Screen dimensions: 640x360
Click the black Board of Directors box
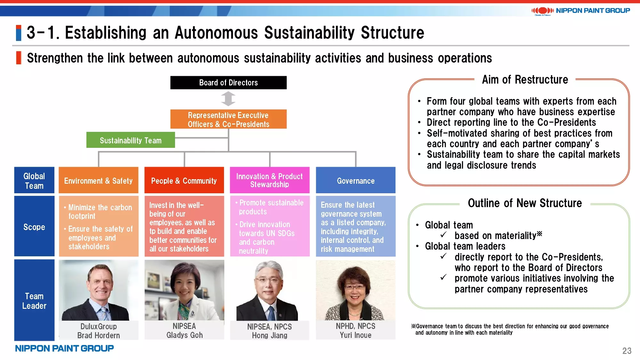pos(228,83)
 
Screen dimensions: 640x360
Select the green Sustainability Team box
pos(131,140)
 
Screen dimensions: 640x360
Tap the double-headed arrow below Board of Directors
pos(228,99)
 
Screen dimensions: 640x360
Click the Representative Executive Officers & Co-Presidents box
pos(228,119)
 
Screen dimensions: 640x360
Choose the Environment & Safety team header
pos(99,180)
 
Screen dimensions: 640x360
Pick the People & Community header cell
pos(184,180)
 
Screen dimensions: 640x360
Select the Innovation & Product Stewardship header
pos(270,180)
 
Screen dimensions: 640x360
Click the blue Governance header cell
pos(356,180)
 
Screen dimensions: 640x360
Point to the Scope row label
pos(34,227)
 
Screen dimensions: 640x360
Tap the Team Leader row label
pos(34,300)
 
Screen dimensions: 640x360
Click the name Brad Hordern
pos(99,335)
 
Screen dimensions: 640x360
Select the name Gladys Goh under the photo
pos(185,335)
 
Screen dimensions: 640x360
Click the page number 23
pos(627,351)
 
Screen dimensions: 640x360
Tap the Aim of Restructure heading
pos(525,80)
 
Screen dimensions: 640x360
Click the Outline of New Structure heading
pos(525,203)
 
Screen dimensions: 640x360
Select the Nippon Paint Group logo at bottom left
pos(64,348)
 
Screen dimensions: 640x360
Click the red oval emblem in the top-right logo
pos(543,11)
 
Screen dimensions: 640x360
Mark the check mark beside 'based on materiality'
pos(444,235)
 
